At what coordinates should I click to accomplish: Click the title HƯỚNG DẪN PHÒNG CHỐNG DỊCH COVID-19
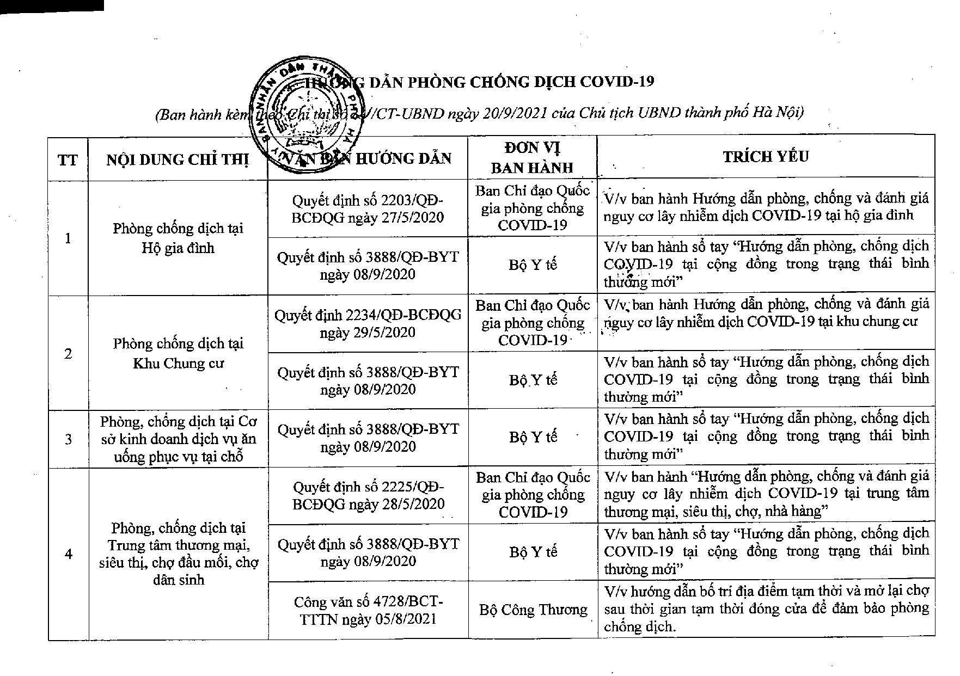click(479, 82)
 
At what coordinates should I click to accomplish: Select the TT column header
click(68, 159)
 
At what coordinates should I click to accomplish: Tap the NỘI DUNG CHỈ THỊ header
click(178, 159)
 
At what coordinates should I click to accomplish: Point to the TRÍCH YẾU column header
click(766, 157)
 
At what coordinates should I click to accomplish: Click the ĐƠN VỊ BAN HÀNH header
click(532, 157)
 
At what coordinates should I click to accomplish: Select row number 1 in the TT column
click(68, 238)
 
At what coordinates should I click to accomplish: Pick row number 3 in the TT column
click(68, 439)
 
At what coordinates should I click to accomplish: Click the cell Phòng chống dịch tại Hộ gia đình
click(178, 238)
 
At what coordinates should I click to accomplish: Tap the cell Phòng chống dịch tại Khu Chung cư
click(178, 353)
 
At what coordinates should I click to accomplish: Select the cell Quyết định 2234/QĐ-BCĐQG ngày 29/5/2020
click(368, 323)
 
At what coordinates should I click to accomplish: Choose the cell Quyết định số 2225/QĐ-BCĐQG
click(368, 495)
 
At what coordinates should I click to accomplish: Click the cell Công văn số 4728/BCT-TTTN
click(368, 610)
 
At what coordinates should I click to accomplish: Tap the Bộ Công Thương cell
click(533, 610)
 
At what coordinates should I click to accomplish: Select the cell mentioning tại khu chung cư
click(766, 313)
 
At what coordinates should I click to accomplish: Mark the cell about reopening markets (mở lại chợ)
click(766, 609)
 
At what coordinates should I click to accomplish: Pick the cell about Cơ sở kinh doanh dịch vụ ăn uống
click(178, 439)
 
